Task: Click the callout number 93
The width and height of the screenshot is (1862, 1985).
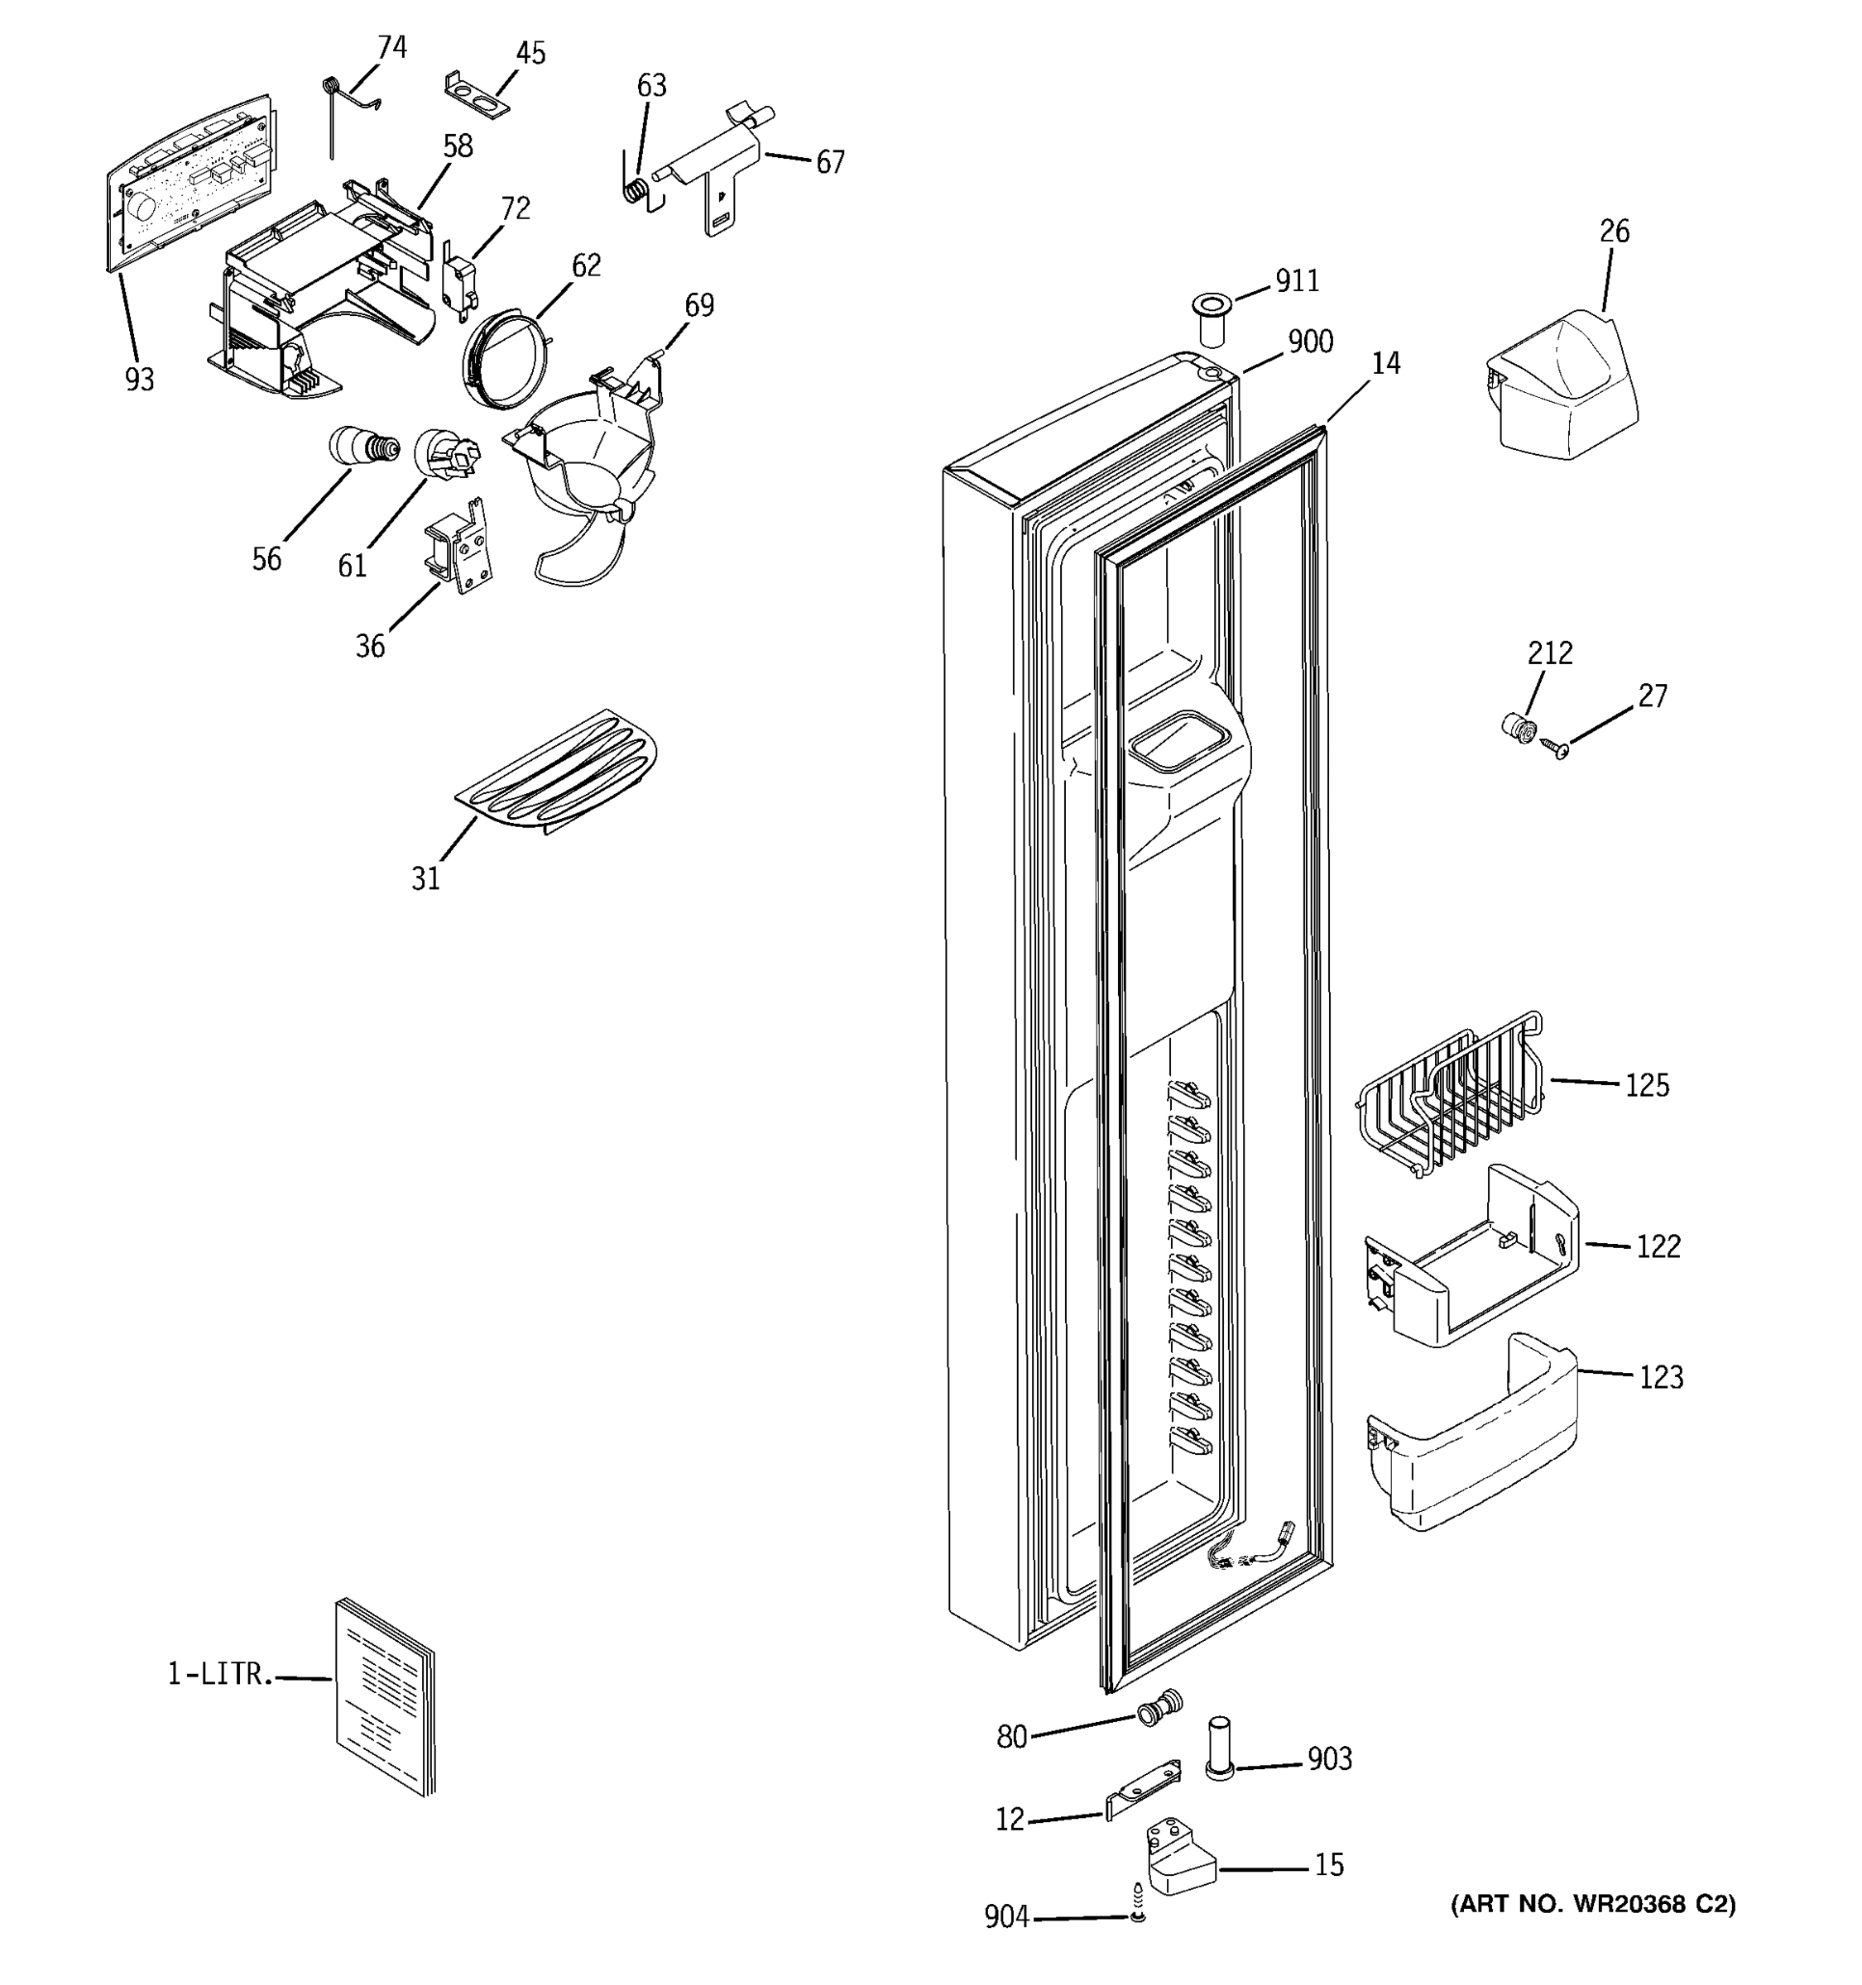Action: pos(140,380)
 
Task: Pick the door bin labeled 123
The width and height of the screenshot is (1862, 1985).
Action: pos(1473,1437)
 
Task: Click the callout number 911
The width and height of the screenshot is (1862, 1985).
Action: pos(1298,281)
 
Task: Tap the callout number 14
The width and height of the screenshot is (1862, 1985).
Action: pos(1385,363)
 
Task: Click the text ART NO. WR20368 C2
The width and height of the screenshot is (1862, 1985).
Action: pos(1592,1904)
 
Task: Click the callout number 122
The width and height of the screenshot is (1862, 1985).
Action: pos(1658,1246)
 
